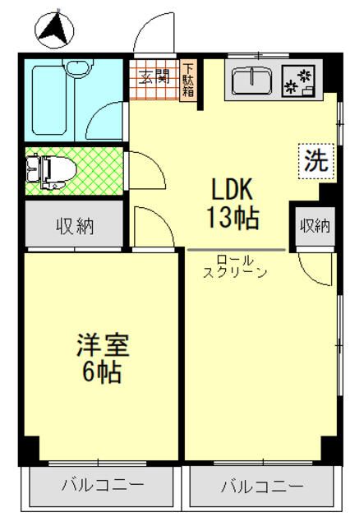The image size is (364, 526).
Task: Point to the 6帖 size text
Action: point(100,372)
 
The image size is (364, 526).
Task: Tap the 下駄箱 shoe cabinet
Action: point(189,80)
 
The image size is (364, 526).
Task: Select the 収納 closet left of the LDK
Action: point(74,225)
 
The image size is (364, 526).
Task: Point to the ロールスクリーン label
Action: point(235,265)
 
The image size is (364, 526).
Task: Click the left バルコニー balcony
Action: point(104,486)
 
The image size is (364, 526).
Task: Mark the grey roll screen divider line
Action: point(236,249)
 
